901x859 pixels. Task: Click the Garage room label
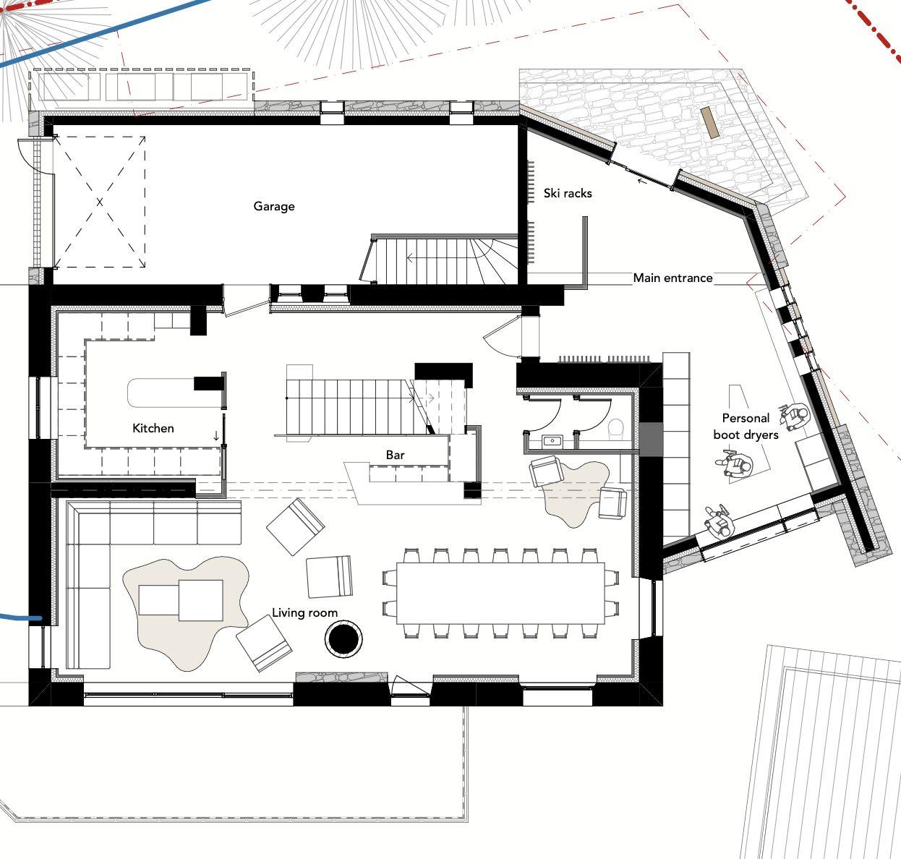(274, 206)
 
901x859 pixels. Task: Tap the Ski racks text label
(568, 193)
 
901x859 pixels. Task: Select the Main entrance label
(672, 278)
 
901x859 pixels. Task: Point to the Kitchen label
(153, 428)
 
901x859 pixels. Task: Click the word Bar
(395, 455)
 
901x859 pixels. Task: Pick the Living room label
(304, 612)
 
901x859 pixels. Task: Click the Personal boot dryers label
(746, 427)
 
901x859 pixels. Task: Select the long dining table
(500, 593)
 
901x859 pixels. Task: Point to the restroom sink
(553, 441)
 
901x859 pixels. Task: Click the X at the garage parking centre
(100, 202)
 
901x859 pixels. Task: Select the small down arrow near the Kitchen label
(216, 435)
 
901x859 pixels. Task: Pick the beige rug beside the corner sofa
(186, 613)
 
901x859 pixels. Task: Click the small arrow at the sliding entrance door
(641, 181)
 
